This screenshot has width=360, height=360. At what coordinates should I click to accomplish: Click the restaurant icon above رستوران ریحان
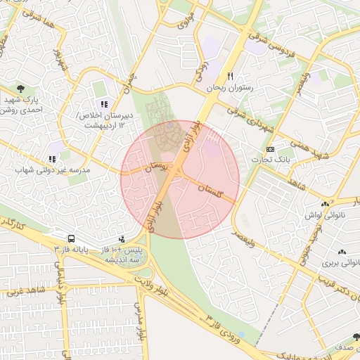229,77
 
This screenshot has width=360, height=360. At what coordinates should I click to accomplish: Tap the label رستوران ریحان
229,89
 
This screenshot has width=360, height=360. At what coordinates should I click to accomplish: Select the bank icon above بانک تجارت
270,150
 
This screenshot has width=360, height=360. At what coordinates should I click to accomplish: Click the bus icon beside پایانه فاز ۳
72,238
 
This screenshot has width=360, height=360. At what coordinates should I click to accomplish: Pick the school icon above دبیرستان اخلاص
104,104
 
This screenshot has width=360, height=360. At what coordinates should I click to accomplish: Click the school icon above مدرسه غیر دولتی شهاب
52,160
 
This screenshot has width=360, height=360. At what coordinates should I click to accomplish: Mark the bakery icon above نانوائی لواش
325,204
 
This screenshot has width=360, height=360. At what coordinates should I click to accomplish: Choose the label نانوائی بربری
340,263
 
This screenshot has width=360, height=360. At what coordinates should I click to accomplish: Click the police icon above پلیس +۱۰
122,239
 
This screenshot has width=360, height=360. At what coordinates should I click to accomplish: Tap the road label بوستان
157,167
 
